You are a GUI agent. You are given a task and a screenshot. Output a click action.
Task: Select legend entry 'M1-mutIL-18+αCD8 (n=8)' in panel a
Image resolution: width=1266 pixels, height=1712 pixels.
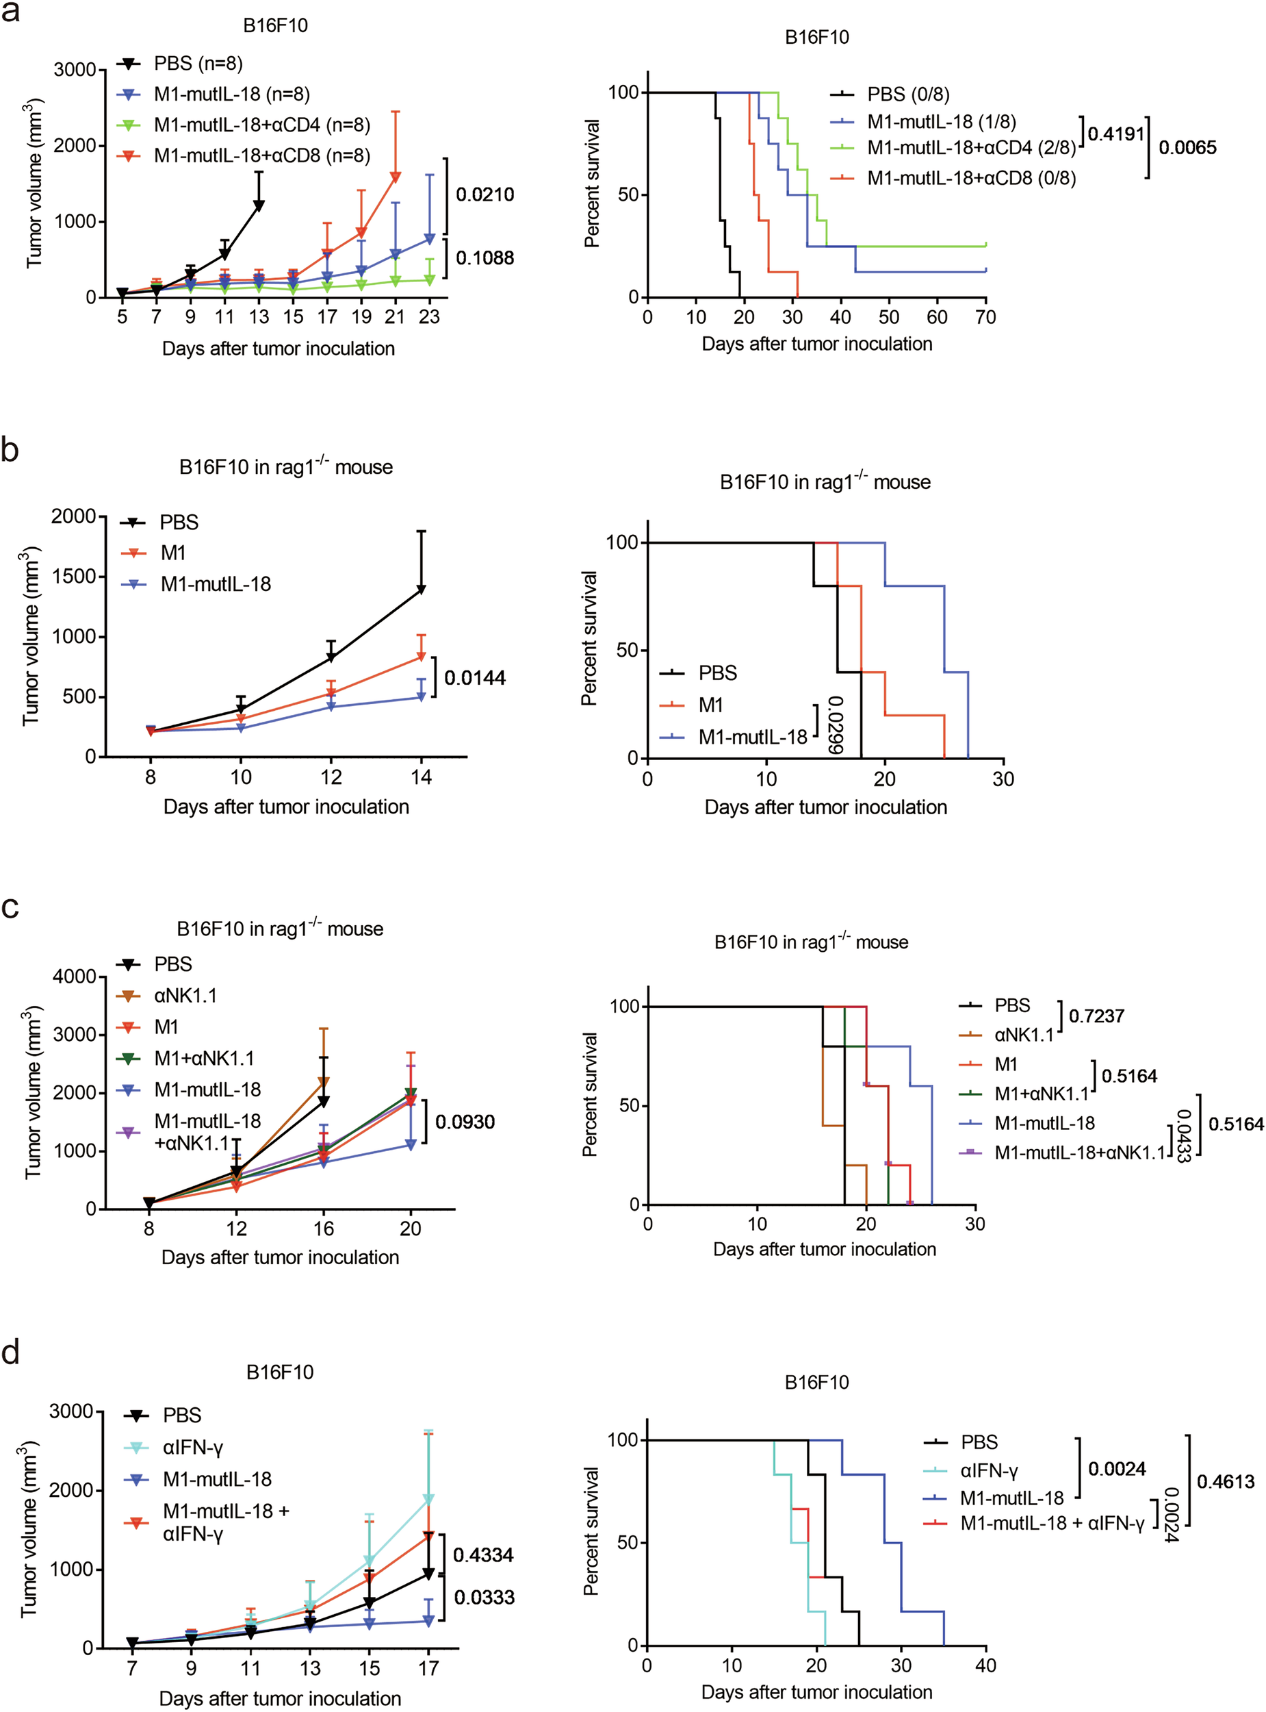[261, 155]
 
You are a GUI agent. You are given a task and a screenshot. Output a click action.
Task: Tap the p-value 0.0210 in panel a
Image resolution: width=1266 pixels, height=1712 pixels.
[485, 194]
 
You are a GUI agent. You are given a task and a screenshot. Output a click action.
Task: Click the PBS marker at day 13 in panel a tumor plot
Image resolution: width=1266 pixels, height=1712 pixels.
[259, 205]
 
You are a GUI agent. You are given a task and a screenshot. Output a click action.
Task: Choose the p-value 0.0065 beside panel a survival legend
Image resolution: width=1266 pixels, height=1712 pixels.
[1187, 148]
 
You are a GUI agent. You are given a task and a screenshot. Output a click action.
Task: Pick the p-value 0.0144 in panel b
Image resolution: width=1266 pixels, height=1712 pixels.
[474, 678]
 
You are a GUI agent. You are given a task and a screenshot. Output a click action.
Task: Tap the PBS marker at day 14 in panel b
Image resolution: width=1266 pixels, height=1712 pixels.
[421, 590]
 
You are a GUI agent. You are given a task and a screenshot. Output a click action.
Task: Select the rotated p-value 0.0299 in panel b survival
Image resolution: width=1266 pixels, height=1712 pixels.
[836, 725]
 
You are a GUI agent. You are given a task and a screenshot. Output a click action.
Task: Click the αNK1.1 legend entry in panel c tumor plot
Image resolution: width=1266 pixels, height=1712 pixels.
[185, 996]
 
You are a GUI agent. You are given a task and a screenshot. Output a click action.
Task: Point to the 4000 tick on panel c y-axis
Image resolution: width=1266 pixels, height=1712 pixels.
[75, 977]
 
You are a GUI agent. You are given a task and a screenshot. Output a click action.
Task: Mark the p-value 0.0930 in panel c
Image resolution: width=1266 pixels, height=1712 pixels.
[465, 1122]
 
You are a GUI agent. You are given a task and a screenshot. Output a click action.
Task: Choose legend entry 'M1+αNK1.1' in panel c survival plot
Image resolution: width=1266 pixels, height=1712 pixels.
[1041, 1094]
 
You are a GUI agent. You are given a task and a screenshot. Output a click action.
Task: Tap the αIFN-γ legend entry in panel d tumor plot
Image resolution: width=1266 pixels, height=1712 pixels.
[192, 1448]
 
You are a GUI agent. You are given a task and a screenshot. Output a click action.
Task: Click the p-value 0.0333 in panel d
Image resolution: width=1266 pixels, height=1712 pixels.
[485, 1598]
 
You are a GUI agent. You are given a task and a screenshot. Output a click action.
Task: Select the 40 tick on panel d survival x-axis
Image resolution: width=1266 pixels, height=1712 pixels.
[985, 1665]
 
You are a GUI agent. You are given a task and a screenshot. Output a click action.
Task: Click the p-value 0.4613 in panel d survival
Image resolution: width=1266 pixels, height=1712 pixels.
[1226, 1482]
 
